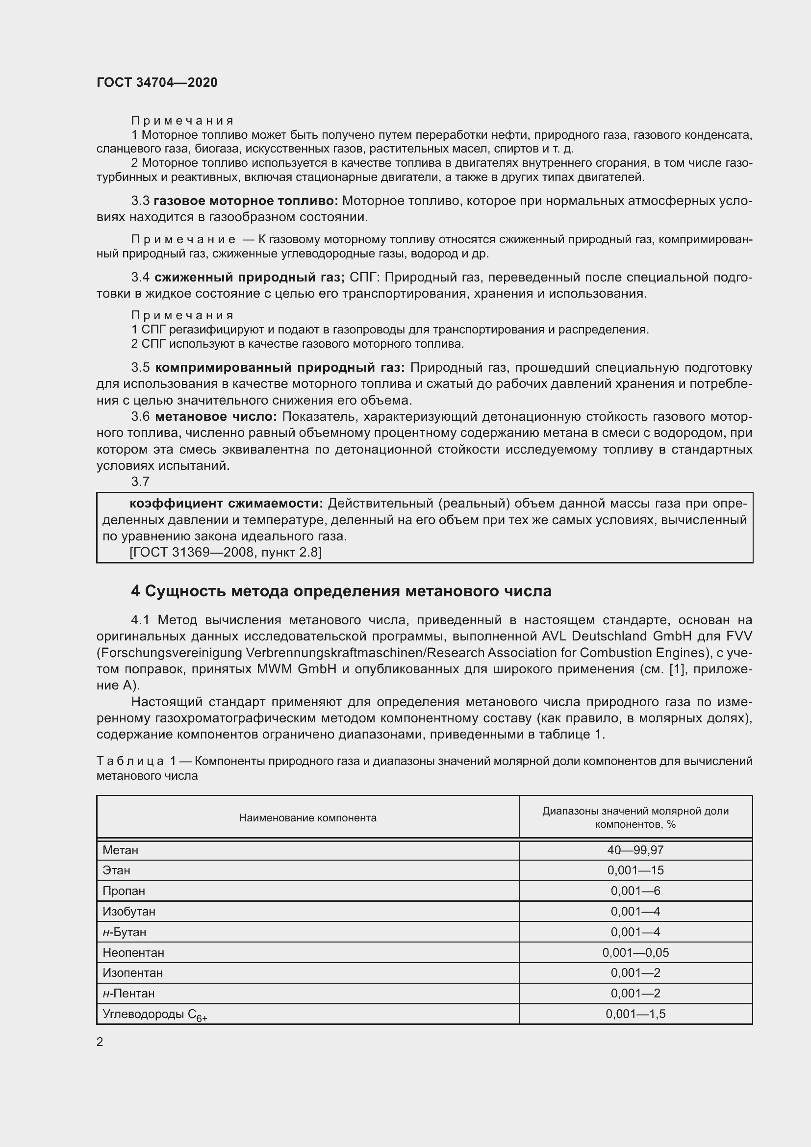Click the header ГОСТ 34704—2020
(x=157, y=82)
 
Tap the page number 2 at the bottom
(x=100, y=1042)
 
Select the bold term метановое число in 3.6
(x=216, y=417)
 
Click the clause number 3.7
(x=140, y=482)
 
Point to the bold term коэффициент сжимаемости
(x=226, y=504)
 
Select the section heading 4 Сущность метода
(x=341, y=591)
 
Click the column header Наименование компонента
(x=307, y=818)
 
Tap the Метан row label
(x=120, y=850)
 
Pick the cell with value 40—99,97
(x=635, y=850)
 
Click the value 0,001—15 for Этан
(x=635, y=870)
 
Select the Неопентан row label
(x=133, y=952)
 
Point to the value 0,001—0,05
(x=635, y=952)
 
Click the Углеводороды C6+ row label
(x=154, y=1014)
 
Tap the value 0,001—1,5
(x=635, y=1014)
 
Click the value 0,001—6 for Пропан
(x=635, y=891)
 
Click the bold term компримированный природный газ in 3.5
(x=279, y=368)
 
